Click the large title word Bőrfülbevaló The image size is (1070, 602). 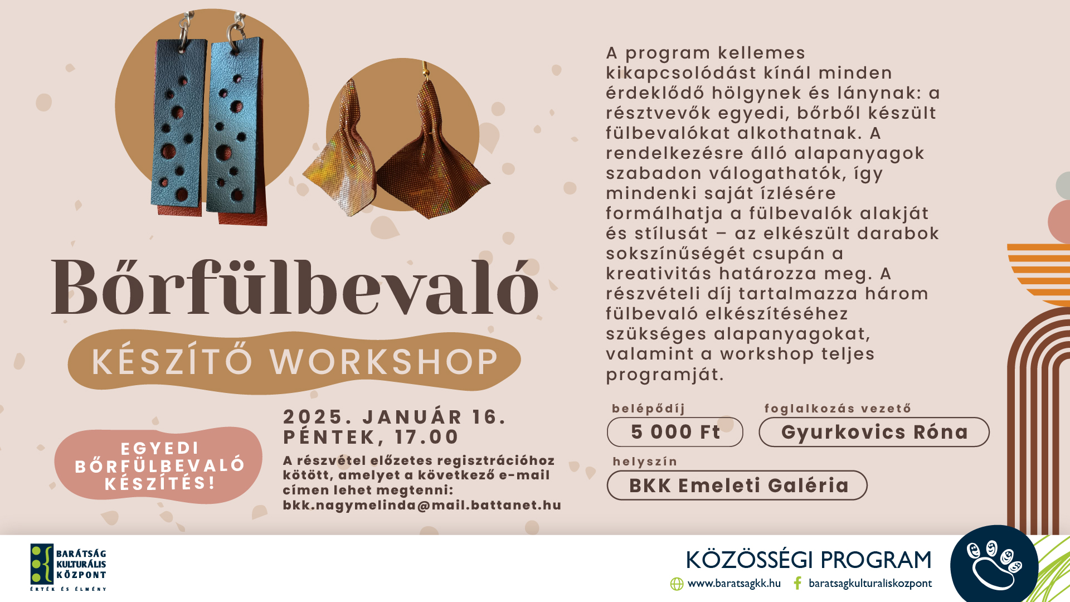tap(295, 288)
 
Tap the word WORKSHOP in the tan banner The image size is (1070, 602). tap(385, 362)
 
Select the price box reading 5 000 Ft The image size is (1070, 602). tap(675, 432)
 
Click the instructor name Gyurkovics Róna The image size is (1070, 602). tap(874, 432)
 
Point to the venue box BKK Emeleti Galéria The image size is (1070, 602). tap(737, 485)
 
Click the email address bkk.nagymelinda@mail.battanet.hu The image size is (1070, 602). tap(422, 505)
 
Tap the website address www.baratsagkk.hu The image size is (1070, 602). tap(734, 583)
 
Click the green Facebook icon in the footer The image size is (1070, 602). tap(797, 583)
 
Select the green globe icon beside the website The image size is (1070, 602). tap(677, 584)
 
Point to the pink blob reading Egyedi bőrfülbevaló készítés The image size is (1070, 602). tap(159, 465)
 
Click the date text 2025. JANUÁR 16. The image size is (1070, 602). tap(395, 417)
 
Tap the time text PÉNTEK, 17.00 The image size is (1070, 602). tap(371, 437)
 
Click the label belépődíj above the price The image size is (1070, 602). tap(649, 409)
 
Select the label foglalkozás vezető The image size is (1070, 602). tap(838, 409)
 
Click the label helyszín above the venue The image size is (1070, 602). tap(645, 462)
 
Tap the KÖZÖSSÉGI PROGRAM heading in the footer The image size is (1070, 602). tap(809, 560)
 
